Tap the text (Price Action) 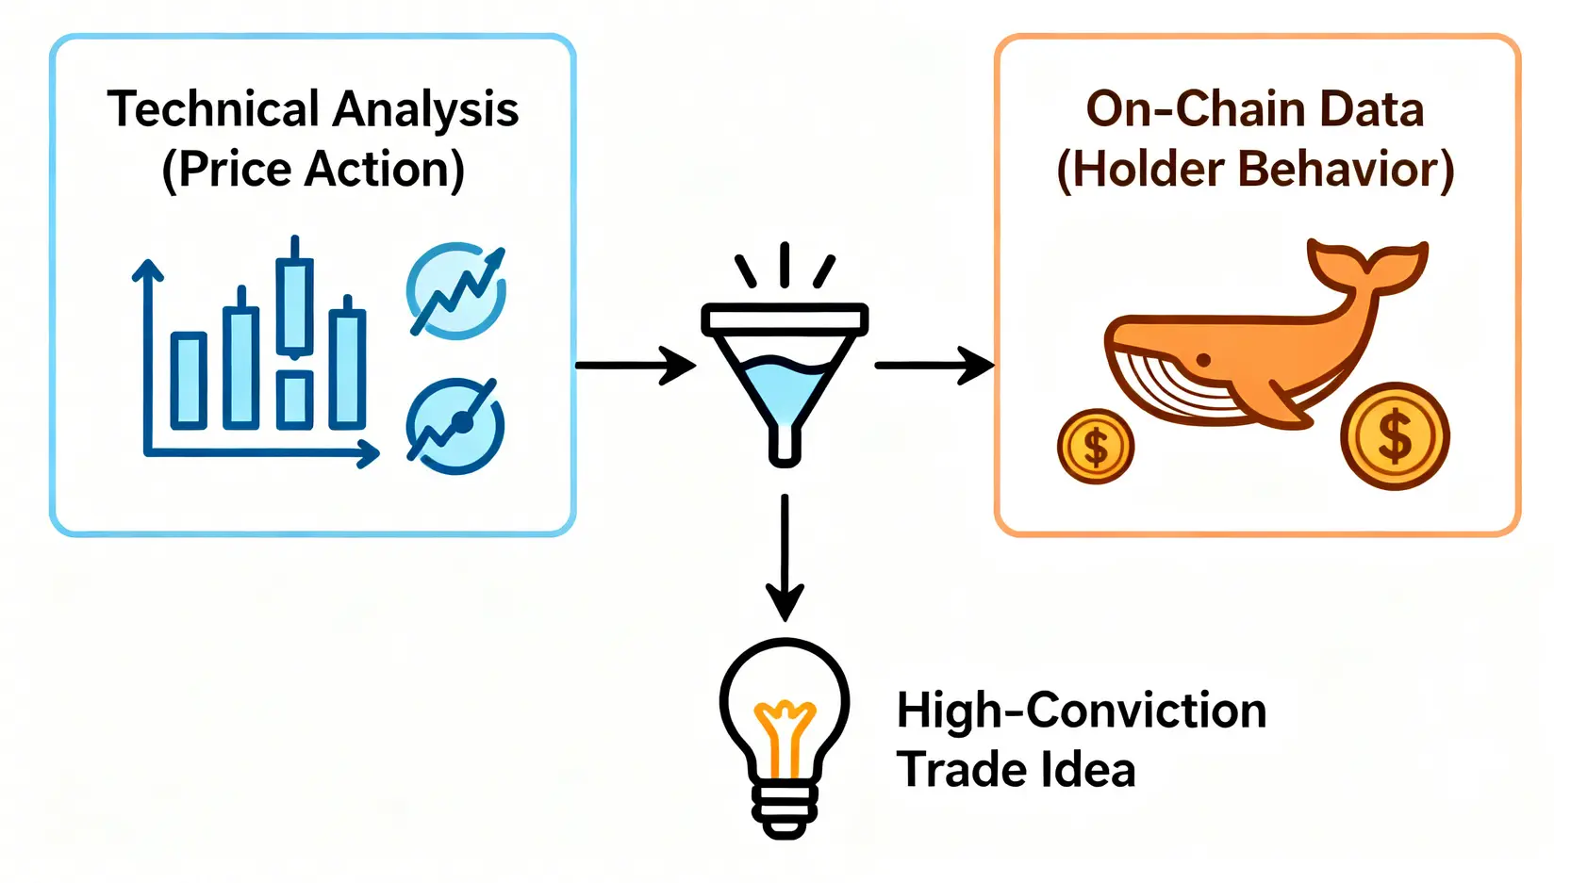(x=313, y=171)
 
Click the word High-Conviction (x=1081, y=711)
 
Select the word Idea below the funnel (x=1089, y=770)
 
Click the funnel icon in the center (x=784, y=377)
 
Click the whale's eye (x=1202, y=360)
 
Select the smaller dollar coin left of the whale (x=1095, y=447)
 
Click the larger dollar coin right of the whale (x=1395, y=436)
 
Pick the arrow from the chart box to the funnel (x=635, y=365)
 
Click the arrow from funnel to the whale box (x=934, y=365)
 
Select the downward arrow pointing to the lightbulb (x=784, y=556)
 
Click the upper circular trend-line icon (x=456, y=290)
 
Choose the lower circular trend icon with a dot (x=456, y=425)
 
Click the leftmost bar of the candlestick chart (x=189, y=379)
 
